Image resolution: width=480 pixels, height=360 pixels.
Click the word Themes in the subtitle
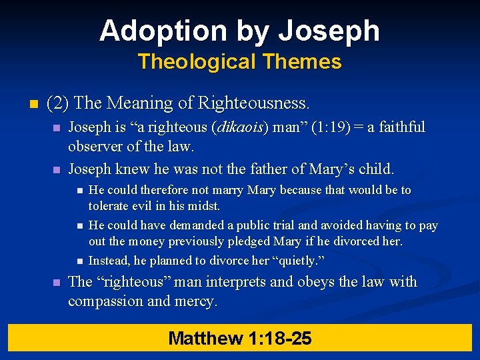[302, 62]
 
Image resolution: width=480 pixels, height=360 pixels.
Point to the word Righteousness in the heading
[259, 103]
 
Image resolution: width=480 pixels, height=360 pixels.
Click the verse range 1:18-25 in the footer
[280, 339]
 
